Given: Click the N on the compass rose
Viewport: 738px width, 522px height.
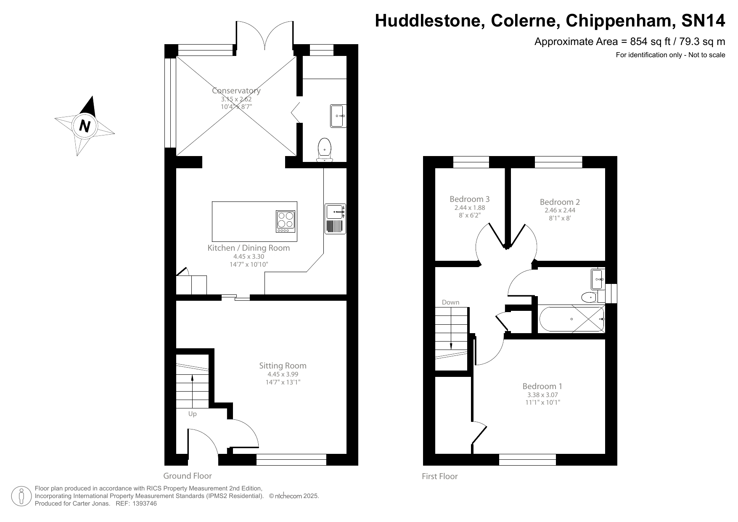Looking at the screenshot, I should (85, 126).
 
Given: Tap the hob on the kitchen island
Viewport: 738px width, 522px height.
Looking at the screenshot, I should (286, 221).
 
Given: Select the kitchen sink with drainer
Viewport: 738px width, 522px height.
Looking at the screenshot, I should (335, 219).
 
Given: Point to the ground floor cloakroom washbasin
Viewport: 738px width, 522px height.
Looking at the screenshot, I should (338, 116).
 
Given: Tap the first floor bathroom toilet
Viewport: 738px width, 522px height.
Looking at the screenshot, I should (589, 298).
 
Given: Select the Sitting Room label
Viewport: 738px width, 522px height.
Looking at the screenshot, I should (283, 366).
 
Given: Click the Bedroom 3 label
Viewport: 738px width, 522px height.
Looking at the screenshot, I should (469, 199).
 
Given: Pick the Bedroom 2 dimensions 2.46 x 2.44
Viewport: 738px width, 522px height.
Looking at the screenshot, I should (560, 210).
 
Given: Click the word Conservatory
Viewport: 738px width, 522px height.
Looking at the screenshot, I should (236, 90).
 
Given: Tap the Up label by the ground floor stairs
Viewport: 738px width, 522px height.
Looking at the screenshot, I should (192, 414).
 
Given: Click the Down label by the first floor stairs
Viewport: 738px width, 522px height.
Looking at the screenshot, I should (450, 302).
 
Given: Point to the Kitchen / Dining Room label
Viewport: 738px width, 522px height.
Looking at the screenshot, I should (249, 248).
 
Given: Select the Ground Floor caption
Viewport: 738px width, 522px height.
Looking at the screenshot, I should (187, 476).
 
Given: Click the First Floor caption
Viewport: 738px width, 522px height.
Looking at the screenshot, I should (439, 476).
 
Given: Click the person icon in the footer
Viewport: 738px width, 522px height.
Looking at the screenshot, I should (21, 496).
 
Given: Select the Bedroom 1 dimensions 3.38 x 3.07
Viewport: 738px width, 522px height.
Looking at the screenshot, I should (542, 395).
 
